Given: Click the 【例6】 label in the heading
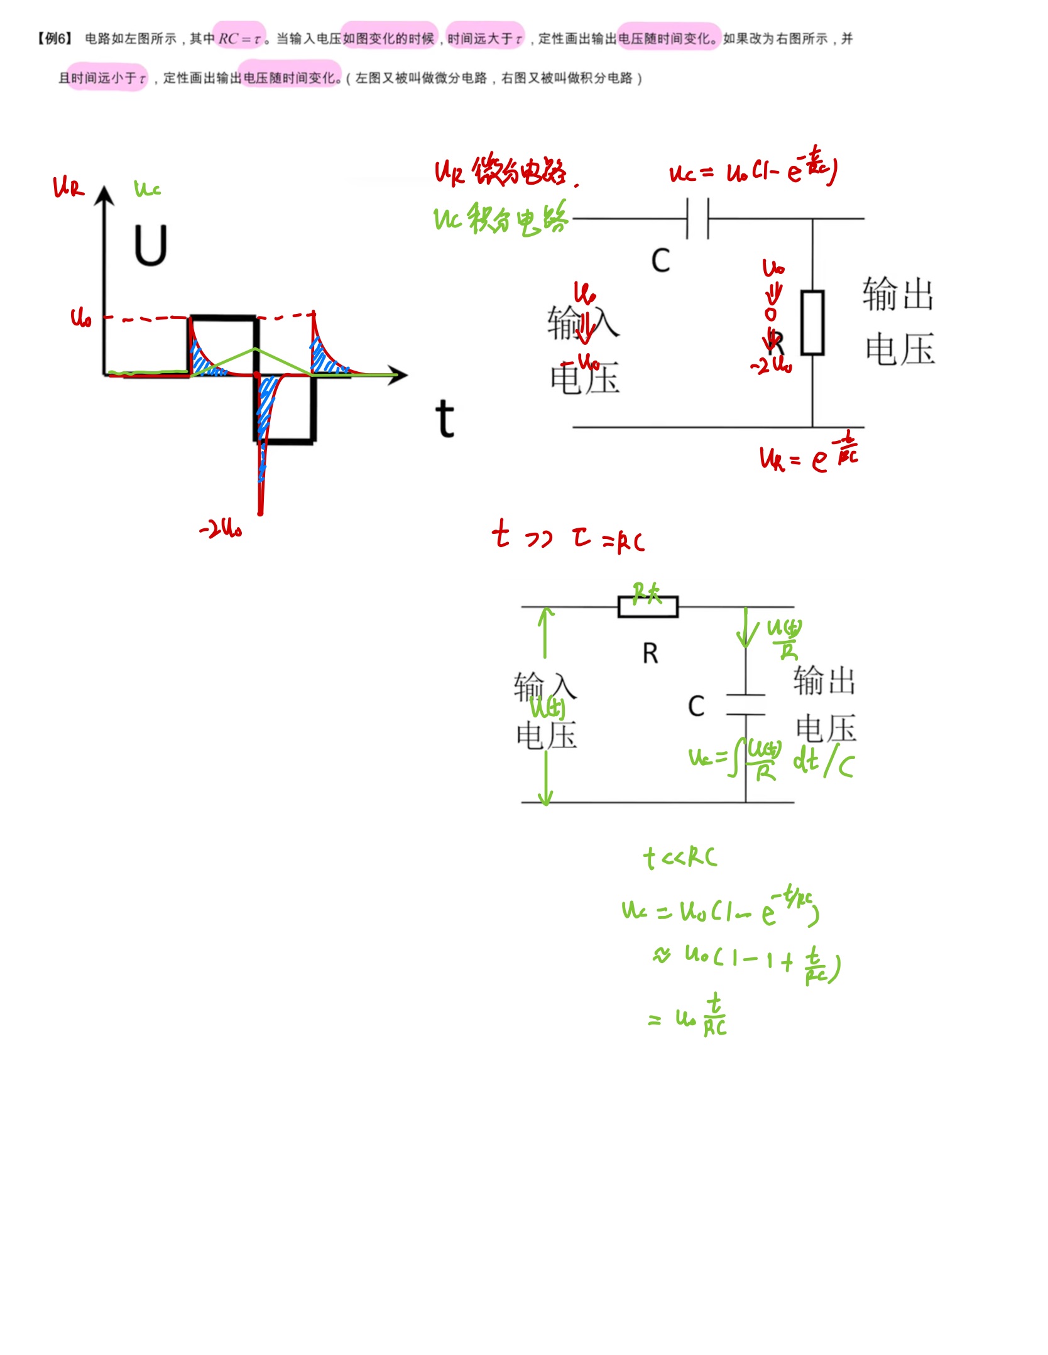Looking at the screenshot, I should (55, 39).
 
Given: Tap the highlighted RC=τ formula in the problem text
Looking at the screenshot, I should (239, 39).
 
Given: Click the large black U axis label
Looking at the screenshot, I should (150, 246).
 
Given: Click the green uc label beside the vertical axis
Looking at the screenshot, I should (148, 188).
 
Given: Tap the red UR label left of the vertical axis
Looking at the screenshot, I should (68, 187).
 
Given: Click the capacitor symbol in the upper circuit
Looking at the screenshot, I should (697, 219).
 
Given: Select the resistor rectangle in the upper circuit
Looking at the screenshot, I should (812, 322).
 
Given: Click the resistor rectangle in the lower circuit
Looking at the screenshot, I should (648, 607).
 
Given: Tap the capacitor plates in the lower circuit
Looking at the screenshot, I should (746, 705).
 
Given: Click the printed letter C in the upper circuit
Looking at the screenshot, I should (660, 261).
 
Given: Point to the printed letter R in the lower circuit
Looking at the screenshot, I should (650, 654).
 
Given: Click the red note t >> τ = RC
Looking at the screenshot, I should (568, 537).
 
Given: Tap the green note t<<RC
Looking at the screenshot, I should (680, 857).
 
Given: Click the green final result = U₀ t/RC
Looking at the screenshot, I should (689, 1016).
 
